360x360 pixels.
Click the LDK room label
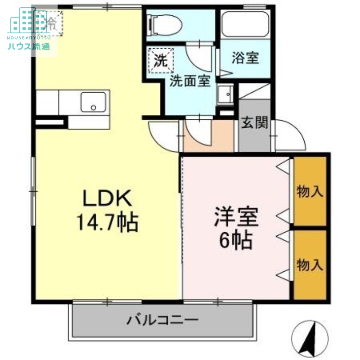point(106,198)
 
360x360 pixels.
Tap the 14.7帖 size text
point(107,221)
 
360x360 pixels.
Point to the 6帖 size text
point(235,242)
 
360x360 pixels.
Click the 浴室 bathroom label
point(245,58)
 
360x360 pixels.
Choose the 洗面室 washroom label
point(190,81)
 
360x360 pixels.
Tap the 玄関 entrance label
point(254,122)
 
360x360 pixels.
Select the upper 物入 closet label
point(310,192)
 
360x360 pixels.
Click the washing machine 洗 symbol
point(160,60)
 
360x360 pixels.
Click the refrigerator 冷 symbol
point(51,21)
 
